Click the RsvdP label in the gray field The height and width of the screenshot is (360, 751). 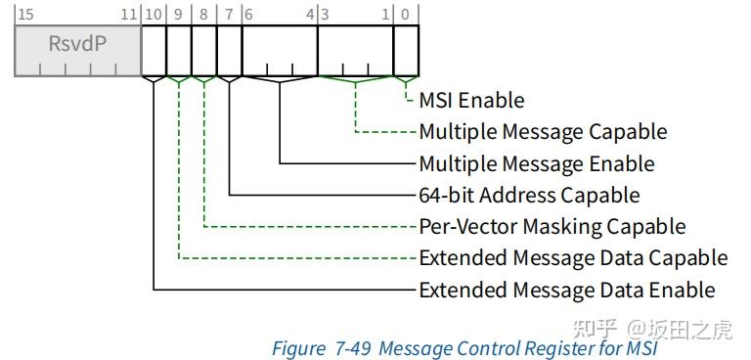click(77, 44)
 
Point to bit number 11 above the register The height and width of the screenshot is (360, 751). click(128, 14)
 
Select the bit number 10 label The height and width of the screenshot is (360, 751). click(153, 14)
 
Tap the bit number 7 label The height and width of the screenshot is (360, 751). click(229, 14)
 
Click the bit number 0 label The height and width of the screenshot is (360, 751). click(406, 14)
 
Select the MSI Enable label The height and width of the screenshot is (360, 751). click(471, 100)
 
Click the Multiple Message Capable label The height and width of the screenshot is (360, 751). click(543, 131)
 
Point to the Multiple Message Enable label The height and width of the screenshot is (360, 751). click(536, 163)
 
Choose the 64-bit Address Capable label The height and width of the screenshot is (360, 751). click(529, 195)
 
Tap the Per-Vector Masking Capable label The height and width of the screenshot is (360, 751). click(552, 226)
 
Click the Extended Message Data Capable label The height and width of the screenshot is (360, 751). click(573, 258)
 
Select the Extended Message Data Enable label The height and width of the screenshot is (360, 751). click(566, 290)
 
